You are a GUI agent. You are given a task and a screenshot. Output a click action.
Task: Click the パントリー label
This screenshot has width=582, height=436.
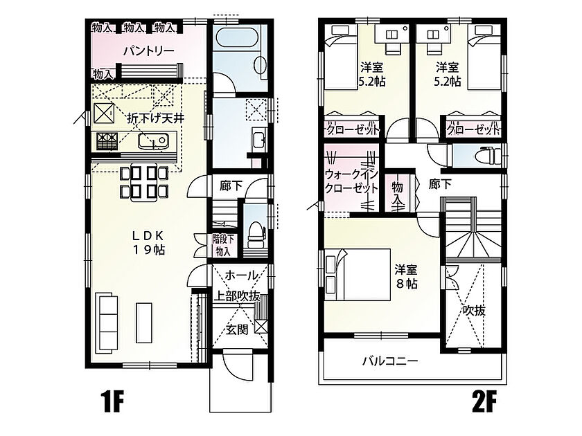coord(149,51)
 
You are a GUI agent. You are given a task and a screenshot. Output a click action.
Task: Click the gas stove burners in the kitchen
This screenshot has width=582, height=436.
coord(107,141)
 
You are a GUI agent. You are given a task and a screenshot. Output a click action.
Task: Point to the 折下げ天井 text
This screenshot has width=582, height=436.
coord(156,118)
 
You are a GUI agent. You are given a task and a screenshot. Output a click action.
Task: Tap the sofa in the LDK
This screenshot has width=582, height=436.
coord(107,323)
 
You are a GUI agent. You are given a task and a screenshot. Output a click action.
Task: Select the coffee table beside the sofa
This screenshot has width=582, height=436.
coord(143,323)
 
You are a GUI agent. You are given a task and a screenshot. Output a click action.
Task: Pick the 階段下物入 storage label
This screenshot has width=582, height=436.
coord(223,245)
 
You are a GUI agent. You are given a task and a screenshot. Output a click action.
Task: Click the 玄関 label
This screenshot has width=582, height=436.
coord(237,329)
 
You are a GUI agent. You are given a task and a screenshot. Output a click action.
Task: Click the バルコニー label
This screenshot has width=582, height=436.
coord(391,360)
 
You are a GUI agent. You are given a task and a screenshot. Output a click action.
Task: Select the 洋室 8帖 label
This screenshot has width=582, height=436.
coord(406,276)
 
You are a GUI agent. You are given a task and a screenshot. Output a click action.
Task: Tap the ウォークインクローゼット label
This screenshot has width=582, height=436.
coord(351,181)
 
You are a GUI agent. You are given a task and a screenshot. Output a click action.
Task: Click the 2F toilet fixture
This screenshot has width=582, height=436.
coord(487,156)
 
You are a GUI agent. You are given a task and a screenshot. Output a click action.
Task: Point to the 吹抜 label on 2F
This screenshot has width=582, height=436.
coord(474,310)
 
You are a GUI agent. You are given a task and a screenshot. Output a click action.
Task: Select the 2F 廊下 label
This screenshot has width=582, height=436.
coord(440,184)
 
